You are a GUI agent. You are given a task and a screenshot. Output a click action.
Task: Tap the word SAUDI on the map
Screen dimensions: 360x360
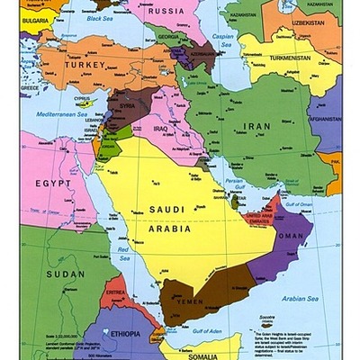point(168,210)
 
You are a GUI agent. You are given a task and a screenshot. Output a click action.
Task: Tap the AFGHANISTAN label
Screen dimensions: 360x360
point(326,118)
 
